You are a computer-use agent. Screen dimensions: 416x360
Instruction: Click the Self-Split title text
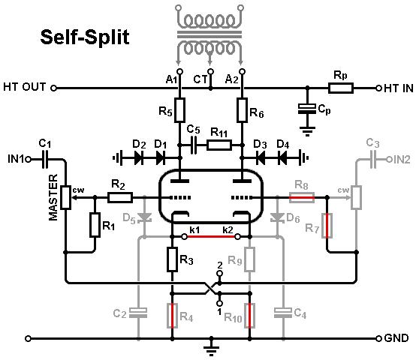(85, 37)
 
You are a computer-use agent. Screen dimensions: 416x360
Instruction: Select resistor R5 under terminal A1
(179, 110)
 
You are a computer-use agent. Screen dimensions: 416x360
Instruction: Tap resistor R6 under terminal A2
(242, 110)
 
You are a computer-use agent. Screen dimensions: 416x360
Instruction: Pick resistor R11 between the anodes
(219, 145)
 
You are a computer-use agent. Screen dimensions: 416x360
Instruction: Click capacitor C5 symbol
(194, 145)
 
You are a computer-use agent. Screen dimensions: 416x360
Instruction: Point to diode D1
(161, 158)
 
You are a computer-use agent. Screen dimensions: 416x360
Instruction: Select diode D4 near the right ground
(282, 158)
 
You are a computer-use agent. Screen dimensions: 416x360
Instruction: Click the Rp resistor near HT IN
(341, 88)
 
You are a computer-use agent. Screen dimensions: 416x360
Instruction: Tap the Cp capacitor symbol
(307, 109)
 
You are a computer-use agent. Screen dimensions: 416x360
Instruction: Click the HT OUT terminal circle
(53, 88)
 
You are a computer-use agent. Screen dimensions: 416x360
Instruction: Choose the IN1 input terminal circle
(28, 160)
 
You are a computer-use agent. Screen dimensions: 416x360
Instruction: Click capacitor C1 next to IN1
(45, 160)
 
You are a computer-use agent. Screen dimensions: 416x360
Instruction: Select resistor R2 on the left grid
(120, 197)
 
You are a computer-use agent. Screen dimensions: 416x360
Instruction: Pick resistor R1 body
(95, 225)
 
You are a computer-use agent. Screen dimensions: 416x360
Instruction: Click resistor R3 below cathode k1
(172, 259)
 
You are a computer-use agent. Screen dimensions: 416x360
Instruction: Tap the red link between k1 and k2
(211, 236)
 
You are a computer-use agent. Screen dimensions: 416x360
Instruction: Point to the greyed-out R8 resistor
(302, 197)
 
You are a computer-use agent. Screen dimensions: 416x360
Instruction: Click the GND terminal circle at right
(379, 338)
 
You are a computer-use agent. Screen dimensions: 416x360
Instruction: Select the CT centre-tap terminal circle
(211, 71)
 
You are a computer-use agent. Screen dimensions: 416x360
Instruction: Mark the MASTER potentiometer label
(53, 197)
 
